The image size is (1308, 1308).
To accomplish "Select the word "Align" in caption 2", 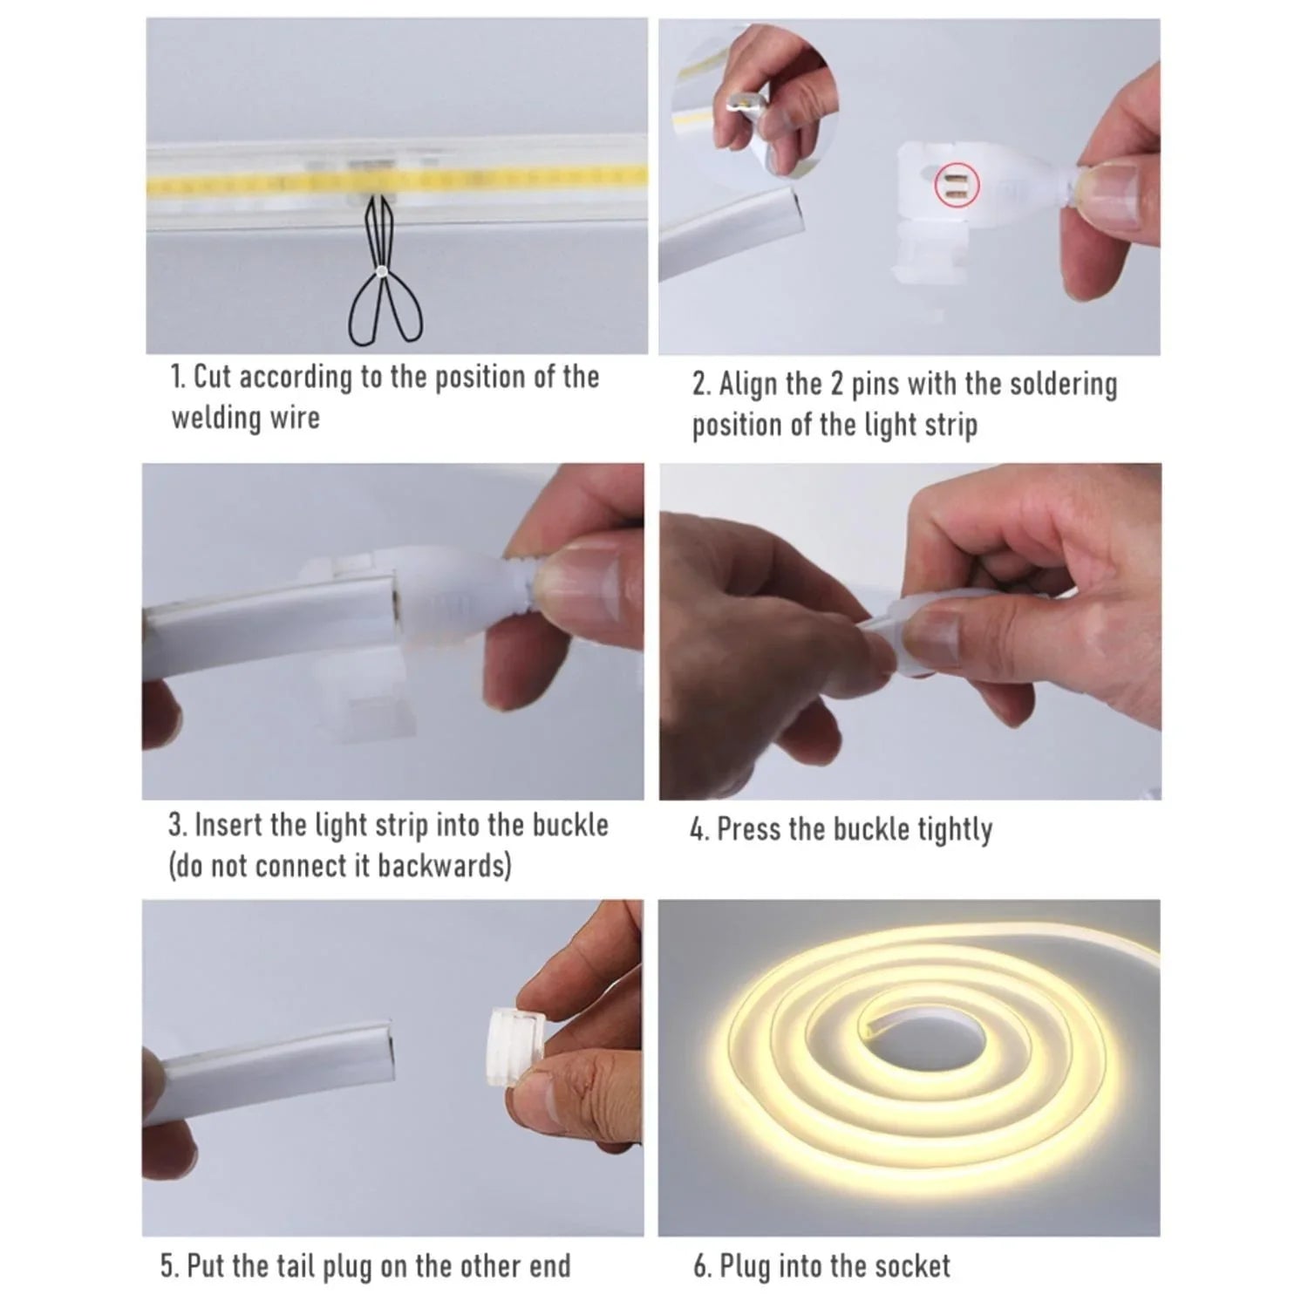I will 747,385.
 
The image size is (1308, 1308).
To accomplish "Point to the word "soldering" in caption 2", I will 1063,385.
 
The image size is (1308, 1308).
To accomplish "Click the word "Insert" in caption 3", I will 229,825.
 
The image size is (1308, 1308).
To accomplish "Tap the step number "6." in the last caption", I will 703,1265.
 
